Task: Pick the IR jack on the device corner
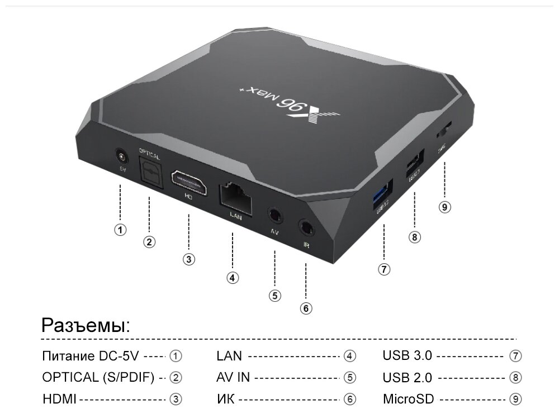pyautogui.click(x=306, y=227)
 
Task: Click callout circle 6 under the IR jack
pyautogui.click(x=306, y=307)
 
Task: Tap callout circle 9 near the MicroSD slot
pyautogui.click(x=444, y=207)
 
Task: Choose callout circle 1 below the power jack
pyautogui.click(x=120, y=229)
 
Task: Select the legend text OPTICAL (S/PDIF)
pyautogui.click(x=98, y=377)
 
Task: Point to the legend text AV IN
pyautogui.click(x=233, y=377)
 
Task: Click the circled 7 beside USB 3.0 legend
pyautogui.click(x=515, y=355)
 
